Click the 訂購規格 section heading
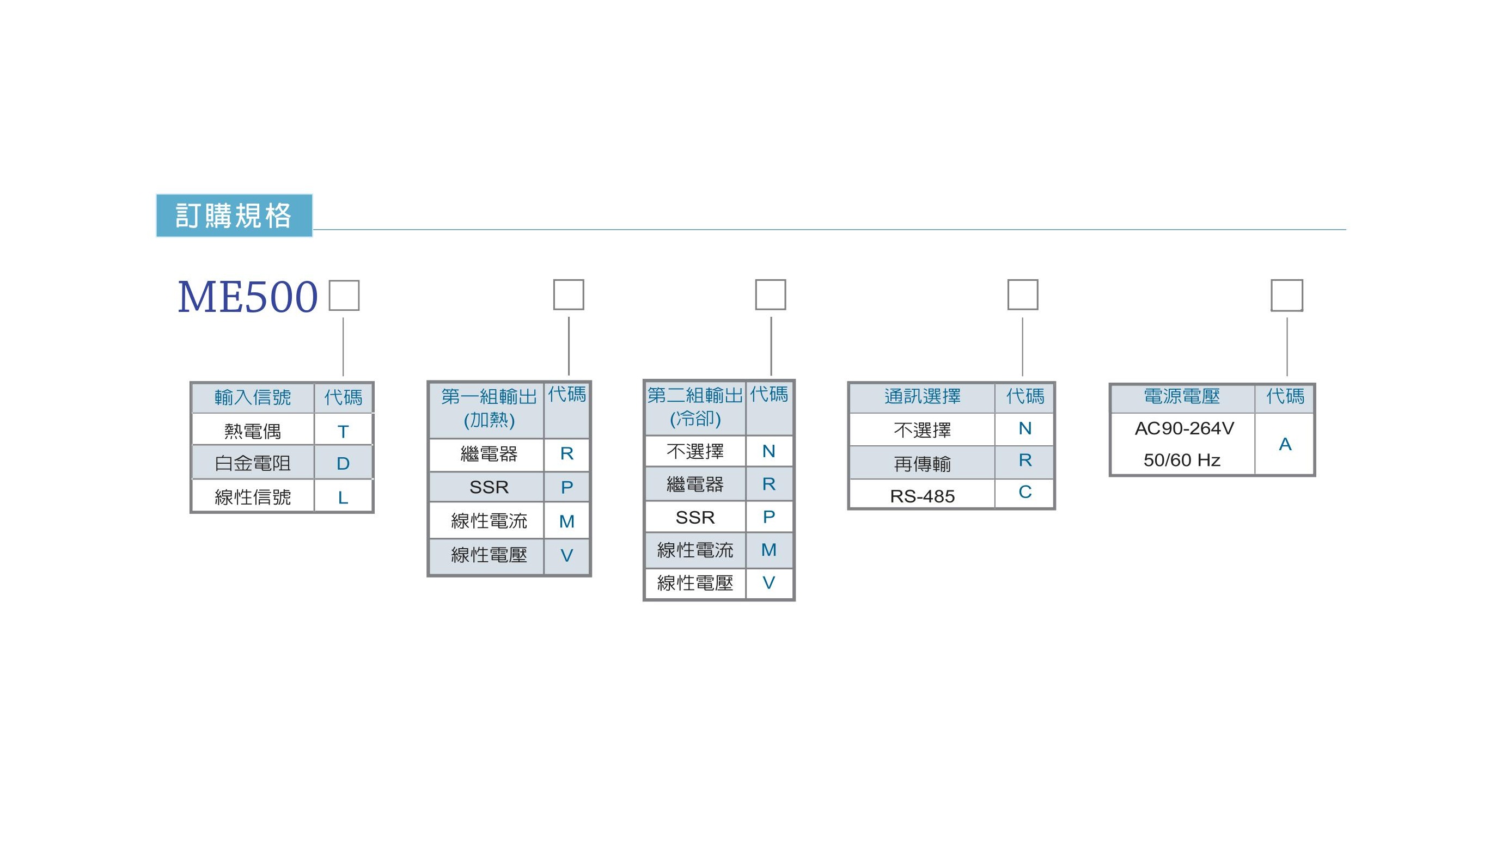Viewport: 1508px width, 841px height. point(234,216)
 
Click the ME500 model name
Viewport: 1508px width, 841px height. point(248,297)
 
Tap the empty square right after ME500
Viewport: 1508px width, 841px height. point(344,296)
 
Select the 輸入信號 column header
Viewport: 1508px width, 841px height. point(253,397)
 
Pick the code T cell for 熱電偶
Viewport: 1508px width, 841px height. point(343,432)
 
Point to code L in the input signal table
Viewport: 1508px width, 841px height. point(343,498)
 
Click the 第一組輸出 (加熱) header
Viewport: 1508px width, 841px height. point(489,408)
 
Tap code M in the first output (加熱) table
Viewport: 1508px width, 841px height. point(567,521)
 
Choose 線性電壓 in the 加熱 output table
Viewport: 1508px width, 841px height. point(489,555)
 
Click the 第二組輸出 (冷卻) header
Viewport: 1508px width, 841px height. point(695,407)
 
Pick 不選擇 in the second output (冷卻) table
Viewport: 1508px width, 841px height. point(695,451)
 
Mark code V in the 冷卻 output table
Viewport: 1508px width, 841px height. point(768,582)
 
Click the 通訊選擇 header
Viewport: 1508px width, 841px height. point(923,396)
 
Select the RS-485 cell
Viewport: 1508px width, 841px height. point(923,496)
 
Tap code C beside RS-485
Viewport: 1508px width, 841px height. point(1025,492)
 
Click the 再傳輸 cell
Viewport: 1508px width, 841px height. point(923,464)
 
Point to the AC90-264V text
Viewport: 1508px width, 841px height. point(1185,428)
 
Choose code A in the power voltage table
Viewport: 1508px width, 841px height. point(1285,444)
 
